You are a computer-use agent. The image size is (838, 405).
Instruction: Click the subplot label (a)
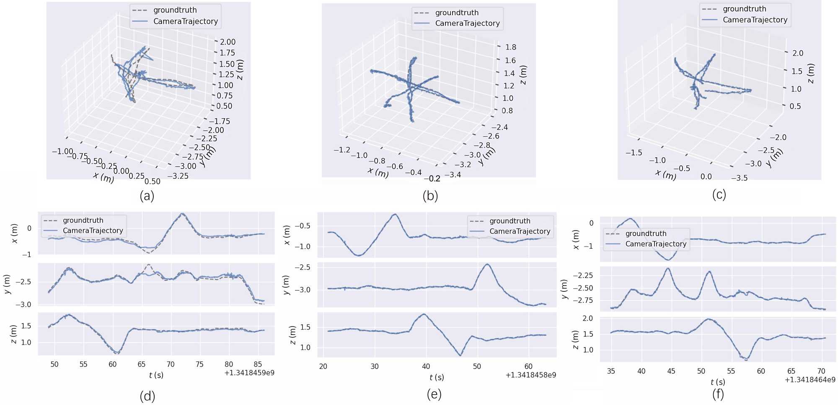coord(147,196)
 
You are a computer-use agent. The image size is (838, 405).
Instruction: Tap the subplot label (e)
coord(434,394)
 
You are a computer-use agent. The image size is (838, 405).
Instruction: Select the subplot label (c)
coord(719,195)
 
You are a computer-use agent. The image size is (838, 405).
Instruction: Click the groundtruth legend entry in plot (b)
coord(456,13)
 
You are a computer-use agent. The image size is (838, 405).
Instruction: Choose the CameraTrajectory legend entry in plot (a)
coord(185,21)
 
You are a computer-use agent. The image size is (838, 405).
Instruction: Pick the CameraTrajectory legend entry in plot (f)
coord(656,244)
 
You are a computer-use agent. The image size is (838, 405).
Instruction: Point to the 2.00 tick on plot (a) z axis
coord(228,42)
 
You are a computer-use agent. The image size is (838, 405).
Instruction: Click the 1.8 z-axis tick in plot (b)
coord(510,47)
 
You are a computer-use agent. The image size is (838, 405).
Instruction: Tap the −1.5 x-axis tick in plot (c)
coord(634,153)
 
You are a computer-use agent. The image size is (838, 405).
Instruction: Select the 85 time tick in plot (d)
coord(258,364)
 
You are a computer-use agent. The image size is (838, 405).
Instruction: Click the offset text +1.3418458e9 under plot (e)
coord(531,375)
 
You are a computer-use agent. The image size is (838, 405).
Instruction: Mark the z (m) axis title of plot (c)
coord(810,73)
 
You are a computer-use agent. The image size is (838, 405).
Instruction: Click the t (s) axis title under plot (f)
coord(718,382)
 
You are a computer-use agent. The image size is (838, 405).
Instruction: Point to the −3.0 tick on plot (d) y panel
coord(23,305)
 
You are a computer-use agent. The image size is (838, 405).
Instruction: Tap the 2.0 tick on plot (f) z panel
coord(588,318)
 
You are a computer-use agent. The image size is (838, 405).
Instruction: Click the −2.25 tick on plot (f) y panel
coord(582,275)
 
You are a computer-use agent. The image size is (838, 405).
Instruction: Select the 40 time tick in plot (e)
coord(426,366)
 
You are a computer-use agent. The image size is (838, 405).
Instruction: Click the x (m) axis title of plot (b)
coord(378,172)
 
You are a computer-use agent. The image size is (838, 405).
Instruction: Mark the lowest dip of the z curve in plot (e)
coord(460,356)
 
